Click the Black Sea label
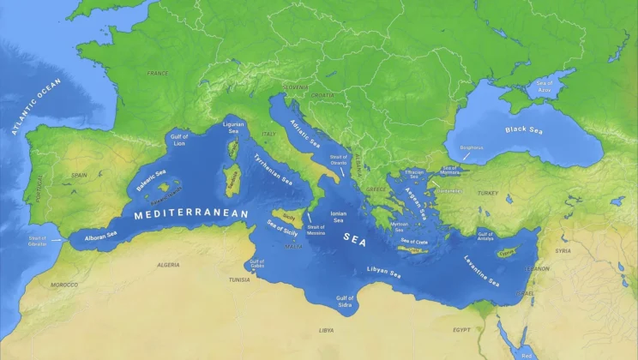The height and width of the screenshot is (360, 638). [x=524, y=130]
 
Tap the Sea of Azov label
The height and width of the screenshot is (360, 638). [x=545, y=86]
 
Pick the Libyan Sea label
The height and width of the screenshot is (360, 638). [x=383, y=272]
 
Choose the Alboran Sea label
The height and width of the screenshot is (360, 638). [x=99, y=235]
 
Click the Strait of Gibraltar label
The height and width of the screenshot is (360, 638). [x=37, y=241]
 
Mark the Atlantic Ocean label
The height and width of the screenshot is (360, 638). [x=37, y=107]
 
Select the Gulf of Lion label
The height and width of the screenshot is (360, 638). [x=179, y=140]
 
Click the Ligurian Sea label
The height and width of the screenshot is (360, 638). [x=233, y=128]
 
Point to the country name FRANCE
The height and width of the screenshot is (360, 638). [x=158, y=74]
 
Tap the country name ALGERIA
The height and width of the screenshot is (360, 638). [x=168, y=265]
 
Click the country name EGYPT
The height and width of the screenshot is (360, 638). [x=461, y=329]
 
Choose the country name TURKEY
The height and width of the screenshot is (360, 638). [x=488, y=193]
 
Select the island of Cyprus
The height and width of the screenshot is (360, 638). [x=509, y=252]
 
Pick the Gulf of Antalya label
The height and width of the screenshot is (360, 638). [x=486, y=236]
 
